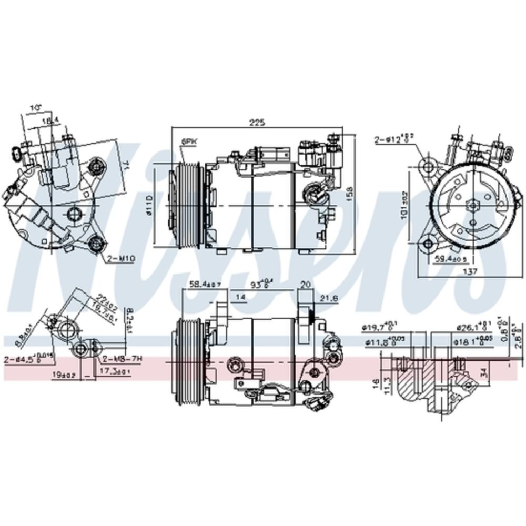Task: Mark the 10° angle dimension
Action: tap(36, 107)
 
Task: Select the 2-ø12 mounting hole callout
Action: tap(394, 139)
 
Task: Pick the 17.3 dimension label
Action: tap(113, 371)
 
